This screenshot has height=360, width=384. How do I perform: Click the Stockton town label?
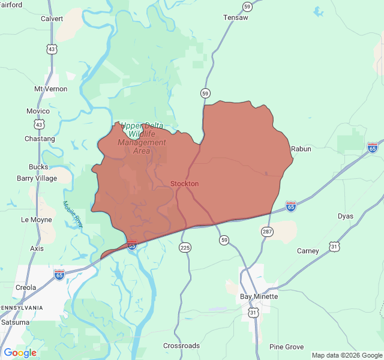coord(184,184)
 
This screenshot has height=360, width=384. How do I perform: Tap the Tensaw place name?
coord(235,17)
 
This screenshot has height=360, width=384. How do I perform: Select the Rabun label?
coord(301,149)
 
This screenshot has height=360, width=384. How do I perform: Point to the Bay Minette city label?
coord(259,296)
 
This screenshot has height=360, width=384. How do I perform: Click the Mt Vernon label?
coord(51,89)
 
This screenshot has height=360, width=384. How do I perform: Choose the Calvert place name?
coord(52,19)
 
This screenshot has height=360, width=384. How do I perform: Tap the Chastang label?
coord(40,139)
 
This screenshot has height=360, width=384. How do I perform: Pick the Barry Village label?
coord(37,178)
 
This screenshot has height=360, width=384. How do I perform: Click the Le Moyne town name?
coord(37,220)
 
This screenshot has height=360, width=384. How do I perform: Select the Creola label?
coord(26,287)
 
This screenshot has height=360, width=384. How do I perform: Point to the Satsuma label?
coord(15,322)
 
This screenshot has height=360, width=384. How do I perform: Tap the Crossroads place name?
coord(182,346)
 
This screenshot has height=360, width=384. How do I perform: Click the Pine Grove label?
coord(286,347)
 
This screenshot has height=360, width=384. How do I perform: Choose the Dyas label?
coord(345,216)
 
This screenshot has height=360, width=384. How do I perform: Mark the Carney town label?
coord(308,251)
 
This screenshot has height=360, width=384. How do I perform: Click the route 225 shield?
coord(185,247)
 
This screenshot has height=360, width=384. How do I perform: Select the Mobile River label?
coord(73,214)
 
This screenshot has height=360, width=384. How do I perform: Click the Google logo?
coord(20,353)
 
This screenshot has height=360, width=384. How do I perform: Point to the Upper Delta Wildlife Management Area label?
coord(142,138)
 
